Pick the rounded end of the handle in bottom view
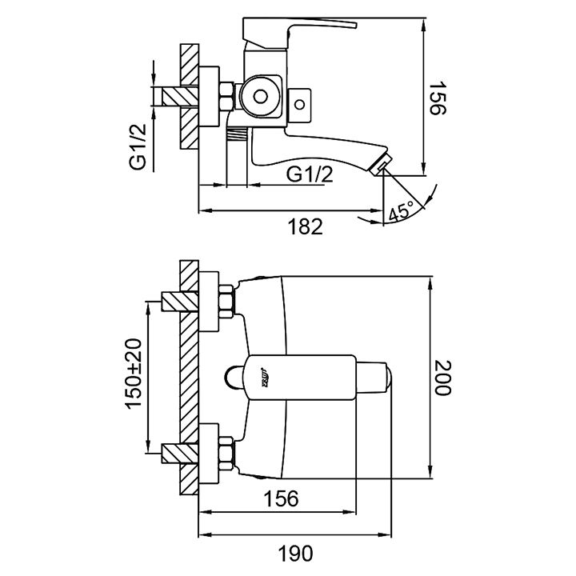pyautogui.click(x=382, y=377)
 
